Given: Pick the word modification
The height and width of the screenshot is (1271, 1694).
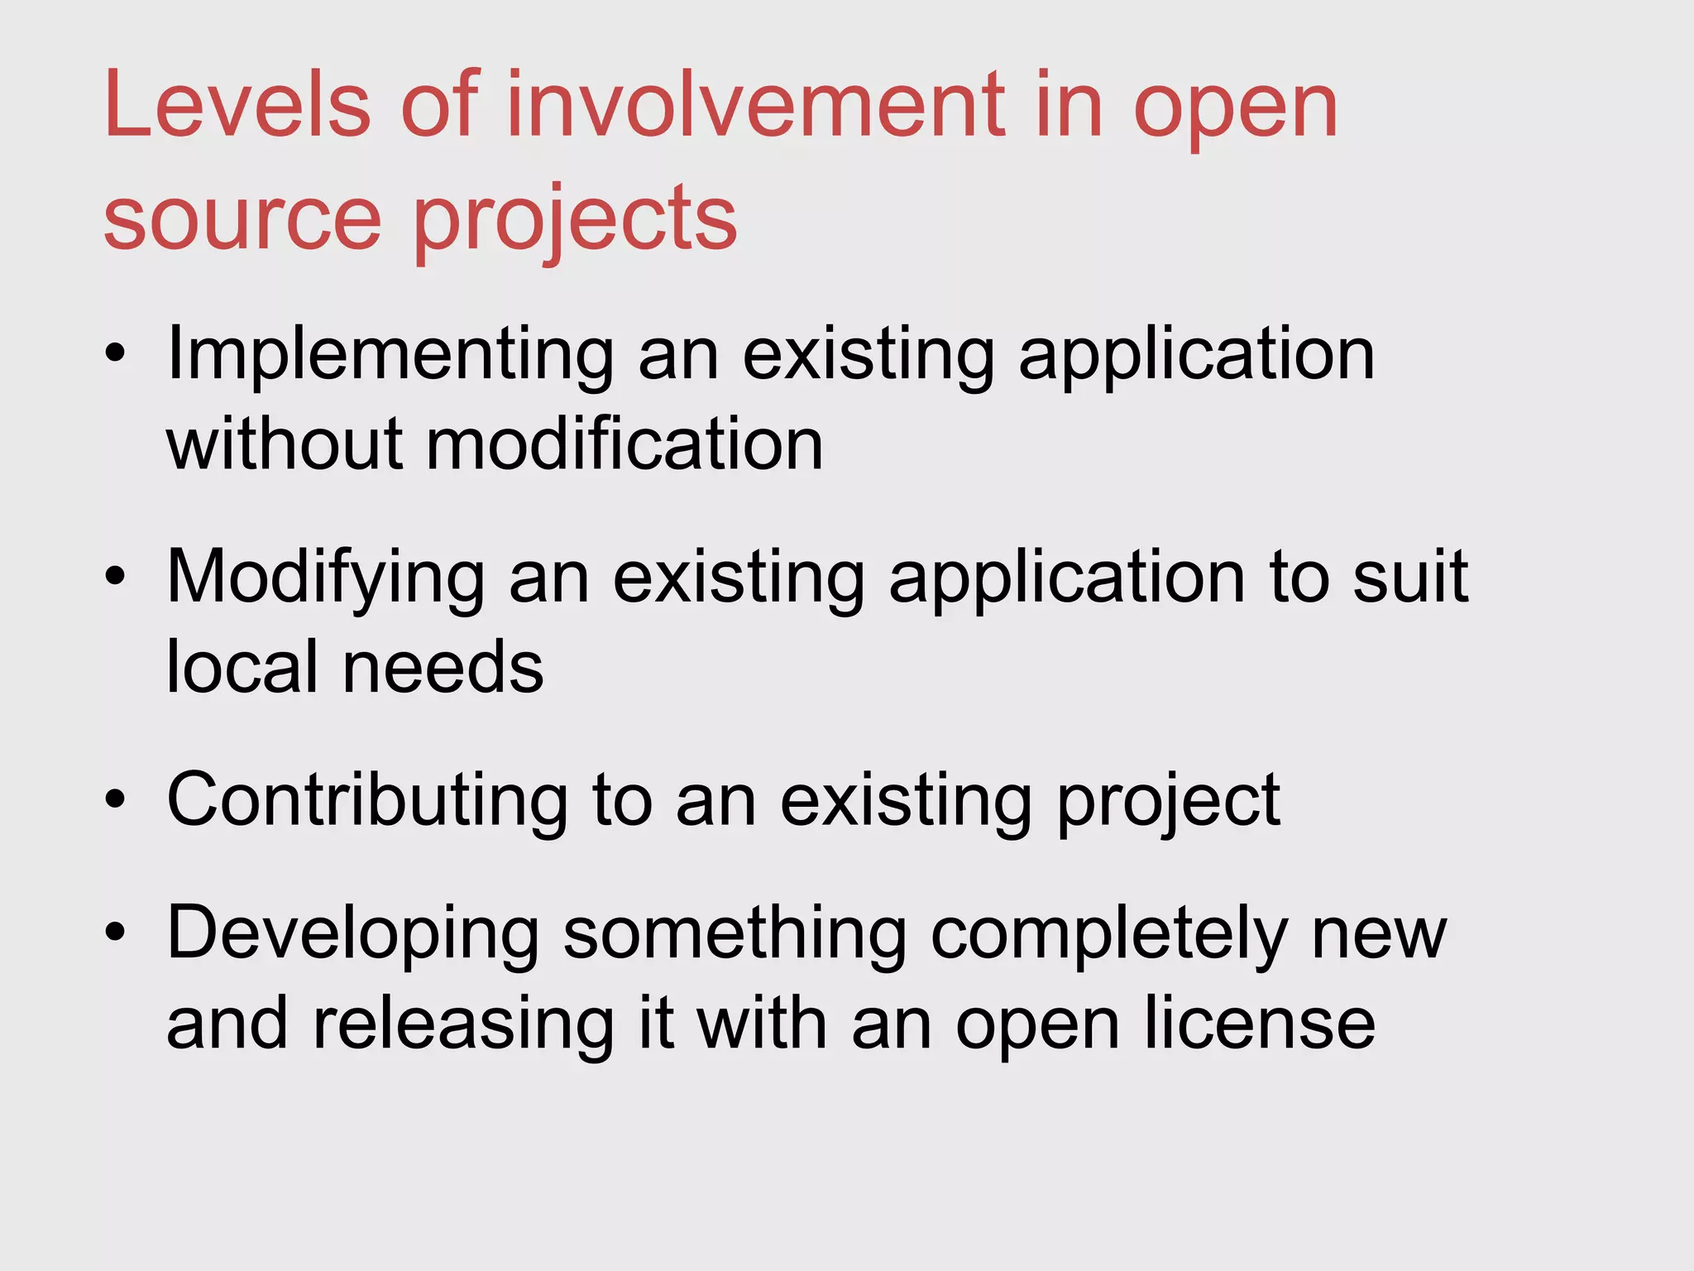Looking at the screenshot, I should pyautogui.click(x=624, y=444).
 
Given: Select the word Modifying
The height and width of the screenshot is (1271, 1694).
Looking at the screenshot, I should pyautogui.click(x=326, y=578).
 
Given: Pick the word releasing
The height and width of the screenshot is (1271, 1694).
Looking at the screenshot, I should pyautogui.click(x=463, y=1024).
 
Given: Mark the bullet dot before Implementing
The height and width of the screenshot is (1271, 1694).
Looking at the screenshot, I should pyautogui.click(x=115, y=354).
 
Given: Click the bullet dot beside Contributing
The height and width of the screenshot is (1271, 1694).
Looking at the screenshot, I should pyautogui.click(x=115, y=799).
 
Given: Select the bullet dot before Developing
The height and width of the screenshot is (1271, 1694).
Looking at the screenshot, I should pyautogui.click(x=115, y=933).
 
